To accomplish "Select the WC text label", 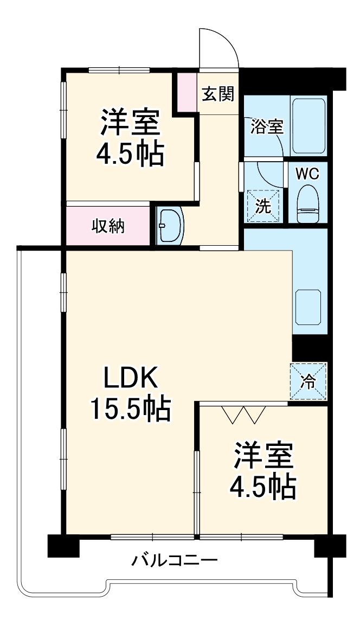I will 307,174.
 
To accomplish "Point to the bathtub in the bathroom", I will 308,125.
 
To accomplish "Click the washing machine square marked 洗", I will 264,206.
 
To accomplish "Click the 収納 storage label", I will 107,226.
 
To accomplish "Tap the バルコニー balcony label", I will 175,559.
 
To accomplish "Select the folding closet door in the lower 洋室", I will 243,413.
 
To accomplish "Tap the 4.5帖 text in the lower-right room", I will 263,487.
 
